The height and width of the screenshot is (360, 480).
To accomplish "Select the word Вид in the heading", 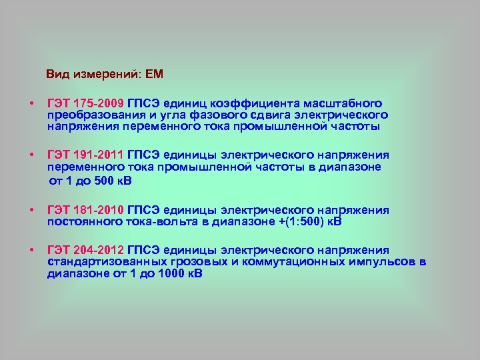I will (57, 73).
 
